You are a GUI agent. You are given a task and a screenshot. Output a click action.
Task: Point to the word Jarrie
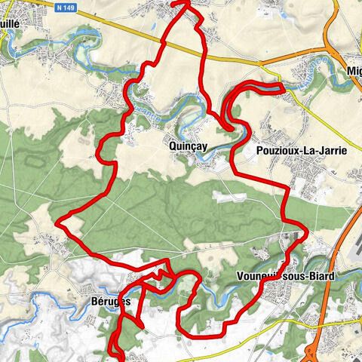(x=333, y=151)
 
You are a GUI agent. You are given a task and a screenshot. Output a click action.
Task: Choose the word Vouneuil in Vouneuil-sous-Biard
(x=258, y=276)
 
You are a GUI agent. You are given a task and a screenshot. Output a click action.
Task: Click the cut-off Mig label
(x=353, y=71)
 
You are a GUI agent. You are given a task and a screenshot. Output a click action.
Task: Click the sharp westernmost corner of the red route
(x=59, y=222)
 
